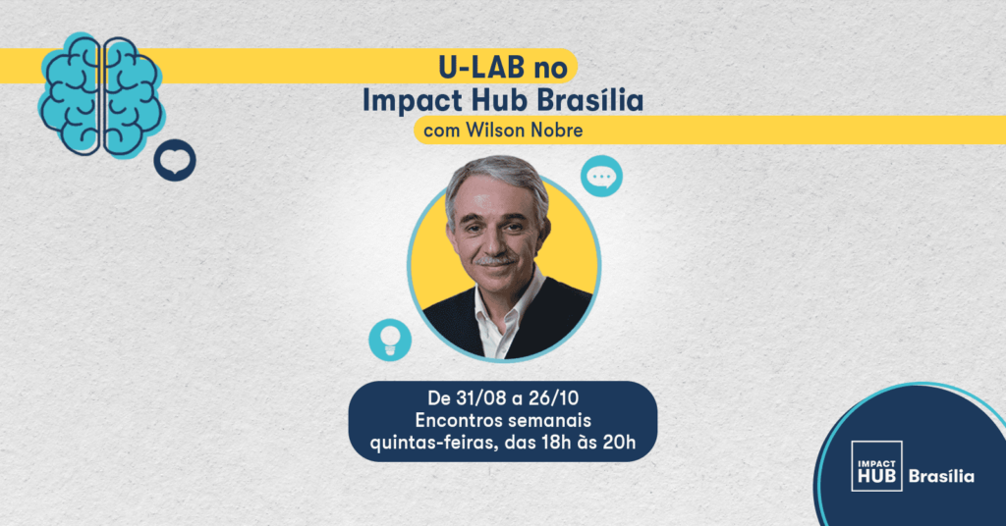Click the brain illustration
click(100, 96)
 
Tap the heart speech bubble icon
click(175, 160)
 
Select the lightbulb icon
click(390, 340)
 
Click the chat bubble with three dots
click(602, 177)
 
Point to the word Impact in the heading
click(412, 101)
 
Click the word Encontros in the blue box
click(455, 420)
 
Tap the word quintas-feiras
click(433, 443)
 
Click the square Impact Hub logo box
click(876, 466)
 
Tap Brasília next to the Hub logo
click(941, 476)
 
